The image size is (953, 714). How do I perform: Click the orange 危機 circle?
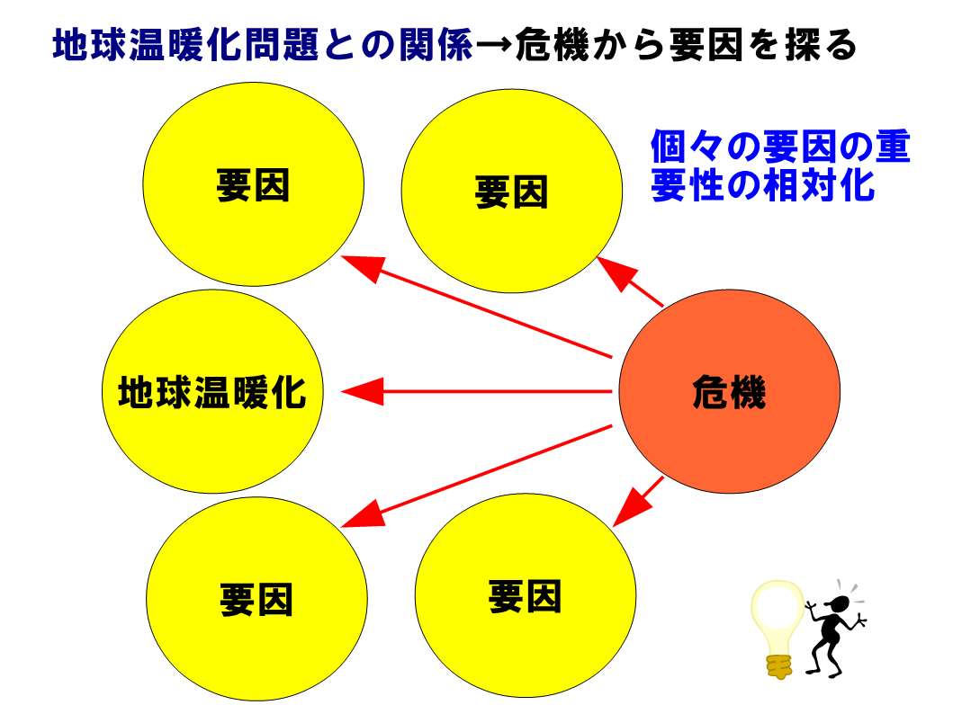(x=729, y=391)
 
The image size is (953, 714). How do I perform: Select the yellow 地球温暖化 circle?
(x=212, y=391)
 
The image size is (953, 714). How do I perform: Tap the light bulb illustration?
(x=778, y=629)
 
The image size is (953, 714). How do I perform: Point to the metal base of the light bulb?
(x=780, y=666)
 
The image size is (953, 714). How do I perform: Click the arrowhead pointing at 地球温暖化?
(x=364, y=391)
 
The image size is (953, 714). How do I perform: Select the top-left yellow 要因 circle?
(x=254, y=184)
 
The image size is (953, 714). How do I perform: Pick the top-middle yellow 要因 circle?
(x=512, y=191)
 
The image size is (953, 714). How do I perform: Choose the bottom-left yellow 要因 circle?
(x=256, y=599)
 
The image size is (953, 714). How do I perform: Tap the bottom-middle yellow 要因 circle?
(x=526, y=595)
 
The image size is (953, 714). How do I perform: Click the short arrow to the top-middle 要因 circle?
(x=630, y=281)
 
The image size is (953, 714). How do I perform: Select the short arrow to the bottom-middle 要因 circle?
(x=638, y=502)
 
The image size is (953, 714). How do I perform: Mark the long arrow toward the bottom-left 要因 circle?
(x=477, y=476)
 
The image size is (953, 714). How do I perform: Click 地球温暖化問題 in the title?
(x=186, y=44)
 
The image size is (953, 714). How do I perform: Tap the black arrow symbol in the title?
(x=493, y=46)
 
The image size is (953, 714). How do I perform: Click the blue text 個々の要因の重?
(x=780, y=147)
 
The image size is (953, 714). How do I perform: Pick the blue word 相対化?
(x=819, y=184)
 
